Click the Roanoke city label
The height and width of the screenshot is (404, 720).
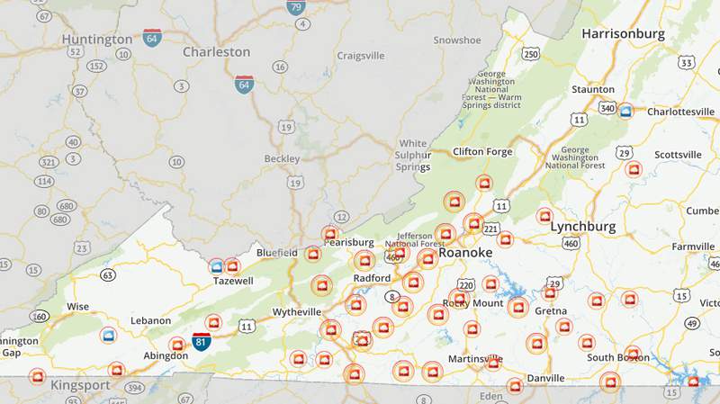click(x=465, y=253)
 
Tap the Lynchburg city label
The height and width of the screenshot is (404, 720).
click(x=582, y=226)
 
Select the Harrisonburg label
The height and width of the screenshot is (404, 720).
click(x=623, y=34)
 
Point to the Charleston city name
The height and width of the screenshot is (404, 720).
click(x=216, y=52)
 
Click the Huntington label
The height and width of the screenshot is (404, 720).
click(x=97, y=40)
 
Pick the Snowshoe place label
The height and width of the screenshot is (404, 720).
click(x=456, y=40)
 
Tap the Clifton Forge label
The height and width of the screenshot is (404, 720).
click(x=481, y=151)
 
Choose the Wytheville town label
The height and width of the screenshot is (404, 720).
click(x=296, y=312)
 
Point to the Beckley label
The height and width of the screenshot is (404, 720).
click(x=281, y=158)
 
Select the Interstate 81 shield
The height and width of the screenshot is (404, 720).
click(x=202, y=341)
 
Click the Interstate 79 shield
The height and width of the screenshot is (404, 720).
click(x=296, y=8)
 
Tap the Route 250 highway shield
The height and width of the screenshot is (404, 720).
click(x=531, y=55)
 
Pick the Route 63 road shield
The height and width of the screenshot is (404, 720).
click(x=108, y=274)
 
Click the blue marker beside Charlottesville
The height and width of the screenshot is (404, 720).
click(x=625, y=111)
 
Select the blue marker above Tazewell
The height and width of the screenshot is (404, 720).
click(x=217, y=265)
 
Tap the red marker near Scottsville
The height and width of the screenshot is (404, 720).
click(x=634, y=169)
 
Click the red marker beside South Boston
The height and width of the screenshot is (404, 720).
click(x=633, y=353)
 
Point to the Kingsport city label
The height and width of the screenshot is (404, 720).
click(x=80, y=385)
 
